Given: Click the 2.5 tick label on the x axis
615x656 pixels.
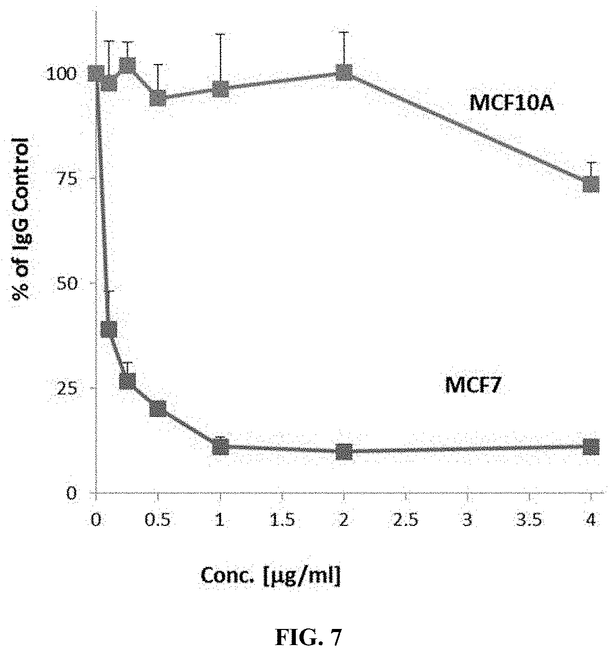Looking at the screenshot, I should (405, 520).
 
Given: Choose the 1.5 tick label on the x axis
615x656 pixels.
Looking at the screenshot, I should (282, 520).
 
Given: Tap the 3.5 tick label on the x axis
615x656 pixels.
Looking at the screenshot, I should (529, 520).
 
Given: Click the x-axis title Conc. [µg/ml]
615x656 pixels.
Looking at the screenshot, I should (270, 576).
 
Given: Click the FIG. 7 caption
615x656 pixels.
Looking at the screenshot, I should (308, 637).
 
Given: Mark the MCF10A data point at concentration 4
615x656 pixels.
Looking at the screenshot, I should (591, 184).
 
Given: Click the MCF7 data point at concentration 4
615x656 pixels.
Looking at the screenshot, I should (591, 446).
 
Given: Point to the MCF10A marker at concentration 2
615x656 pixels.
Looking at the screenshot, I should (344, 72).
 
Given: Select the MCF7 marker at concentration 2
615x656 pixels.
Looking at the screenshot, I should (344, 452).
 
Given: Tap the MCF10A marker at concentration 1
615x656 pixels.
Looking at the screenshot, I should (220, 88).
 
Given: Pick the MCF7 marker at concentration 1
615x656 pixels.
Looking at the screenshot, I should (220, 447).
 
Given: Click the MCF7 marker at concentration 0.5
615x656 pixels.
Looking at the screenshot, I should (158, 409).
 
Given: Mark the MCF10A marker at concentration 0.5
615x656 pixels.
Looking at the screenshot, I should (158, 97).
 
